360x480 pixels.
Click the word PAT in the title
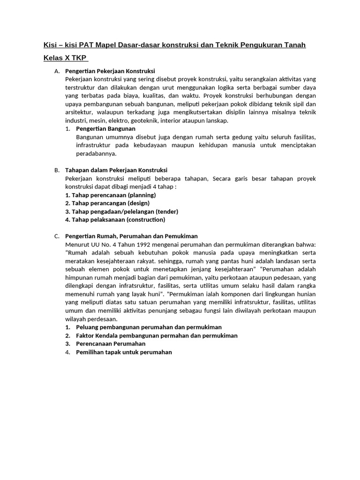87,45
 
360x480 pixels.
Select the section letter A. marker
57,71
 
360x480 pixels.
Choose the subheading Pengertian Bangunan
105,128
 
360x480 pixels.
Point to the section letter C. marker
57,236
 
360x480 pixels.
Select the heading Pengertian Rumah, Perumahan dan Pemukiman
131,236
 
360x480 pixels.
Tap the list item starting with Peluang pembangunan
149,327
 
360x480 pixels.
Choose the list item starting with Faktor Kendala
157,336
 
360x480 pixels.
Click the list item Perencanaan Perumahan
111,344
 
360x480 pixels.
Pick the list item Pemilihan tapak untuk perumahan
124,352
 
